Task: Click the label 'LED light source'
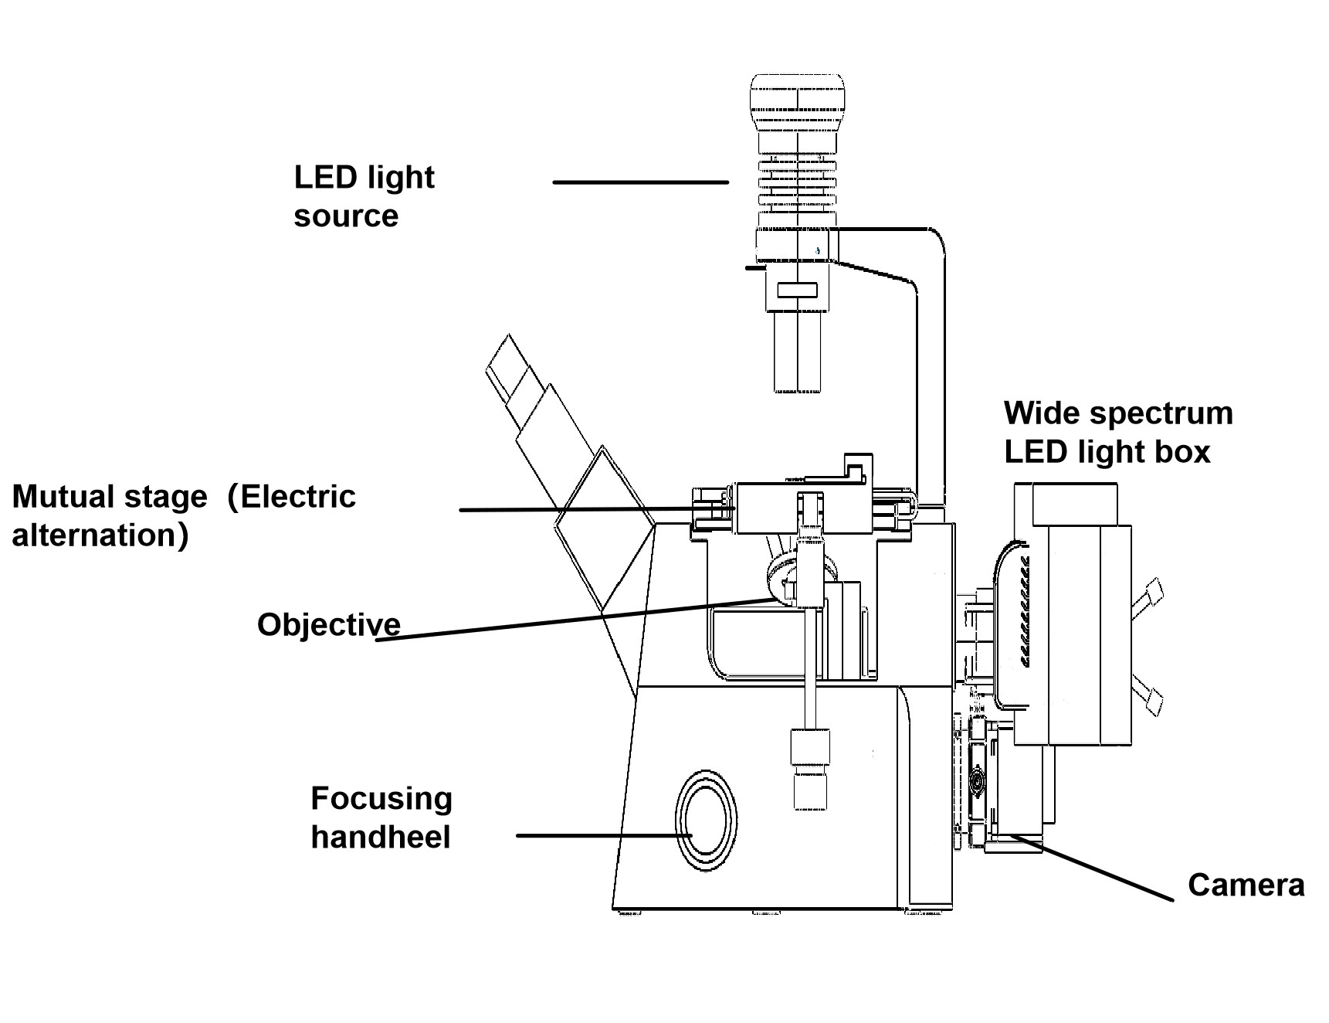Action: pyautogui.click(x=364, y=196)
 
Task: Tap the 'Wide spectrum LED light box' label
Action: pyautogui.click(x=1117, y=432)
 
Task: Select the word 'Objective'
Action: pyautogui.click(x=328, y=624)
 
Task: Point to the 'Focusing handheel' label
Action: pyautogui.click(x=381, y=817)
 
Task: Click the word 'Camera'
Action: pyautogui.click(x=1246, y=885)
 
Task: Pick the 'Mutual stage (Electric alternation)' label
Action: pyautogui.click(x=184, y=515)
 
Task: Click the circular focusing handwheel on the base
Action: pyautogui.click(x=705, y=821)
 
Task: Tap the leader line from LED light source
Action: pyautogui.click(x=640, y=182)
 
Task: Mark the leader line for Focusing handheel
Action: pyautogui.click(x=602, y=835)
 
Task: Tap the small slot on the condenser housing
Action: pyautogui.click(x=797, y=291)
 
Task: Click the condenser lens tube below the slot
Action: pyautogui.click(x=797, y=352)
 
